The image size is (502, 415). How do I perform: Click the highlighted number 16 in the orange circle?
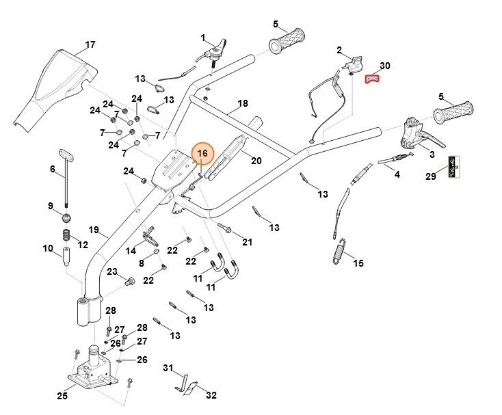pyautogui.click(x=202, y=155)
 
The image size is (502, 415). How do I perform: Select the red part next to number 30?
pyautogui.click(x=371, y=79)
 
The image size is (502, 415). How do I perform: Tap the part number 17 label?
pyautogui.click(x=90, y=46)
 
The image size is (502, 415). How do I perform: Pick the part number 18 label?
pyautogui.click(x=242, y=105)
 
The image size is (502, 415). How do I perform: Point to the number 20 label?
pyautogui.click(x=256, y=161)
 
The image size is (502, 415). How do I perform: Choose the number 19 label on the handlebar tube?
pyautogui.click(x=94, y=230)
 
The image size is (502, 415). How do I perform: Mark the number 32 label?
pyautogui.click(x=211, y=394)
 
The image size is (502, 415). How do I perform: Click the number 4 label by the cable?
pyautogui.click(x=396, y=174)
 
